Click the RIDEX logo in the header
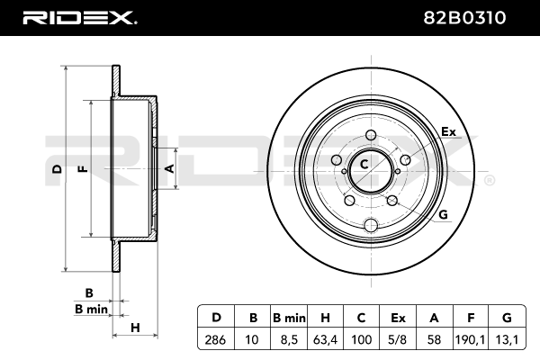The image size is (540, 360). pyautogui.click(x=79, y=16)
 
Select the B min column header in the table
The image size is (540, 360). pyautogui.click(x=289, y=317)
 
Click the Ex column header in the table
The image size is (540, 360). pyautogui.click(x=398, y=317)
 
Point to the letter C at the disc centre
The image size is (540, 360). pyautogui.click(x=365, y=164)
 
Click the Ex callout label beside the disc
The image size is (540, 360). pyautogui.click(x=448, y=132)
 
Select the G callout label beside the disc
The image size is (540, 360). pyautogui.click(x=443, y=214)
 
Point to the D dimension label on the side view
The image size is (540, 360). pyautogui.click(x=56, y=168)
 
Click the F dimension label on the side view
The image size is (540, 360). pyautogui.click(x=82, y=168)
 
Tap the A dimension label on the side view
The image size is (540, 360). pyautogui.click(x=168, y=167)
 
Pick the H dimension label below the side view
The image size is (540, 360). pyautogui.click(x=134, y=327)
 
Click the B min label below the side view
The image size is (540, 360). pyautogui.click(x=90, y=309)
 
